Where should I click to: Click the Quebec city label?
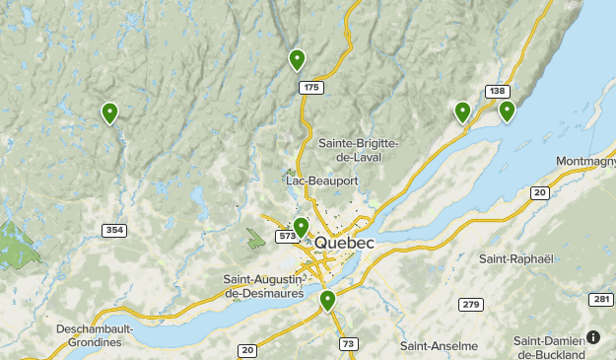coord(344,243)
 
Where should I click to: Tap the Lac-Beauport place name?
coord(320,181)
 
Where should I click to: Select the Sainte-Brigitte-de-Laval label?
coord(358,150)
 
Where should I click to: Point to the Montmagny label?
coord(585,162)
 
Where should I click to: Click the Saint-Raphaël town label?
coord(513,258)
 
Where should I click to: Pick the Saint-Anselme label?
coord(439,346)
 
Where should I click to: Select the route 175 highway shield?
coord(311,88)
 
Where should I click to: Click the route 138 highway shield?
coord(497,92)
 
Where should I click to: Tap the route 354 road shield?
coord(113,230)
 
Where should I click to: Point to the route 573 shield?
coord(286,237)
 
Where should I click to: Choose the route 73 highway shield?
coord(349,343)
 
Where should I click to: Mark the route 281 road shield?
coord(602,299)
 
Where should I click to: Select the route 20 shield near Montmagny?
coord(539,193)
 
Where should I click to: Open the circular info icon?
coord(593,337)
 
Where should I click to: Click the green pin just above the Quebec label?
coord(302,227)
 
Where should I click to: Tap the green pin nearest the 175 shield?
coord(297,59)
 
